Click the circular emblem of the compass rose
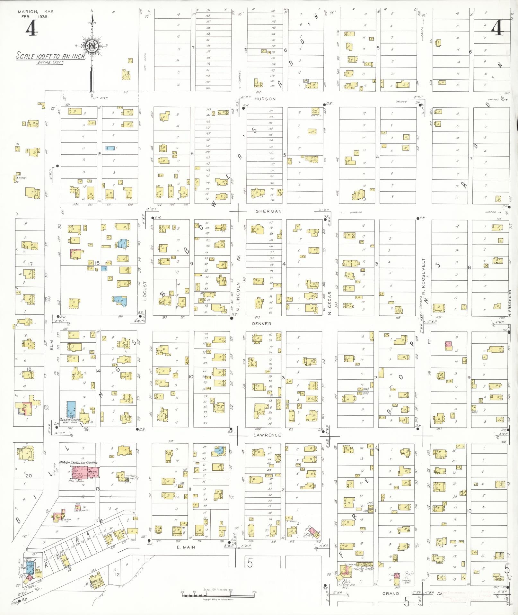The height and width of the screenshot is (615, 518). pos(92,46)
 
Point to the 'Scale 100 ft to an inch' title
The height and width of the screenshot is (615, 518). pos(50,56)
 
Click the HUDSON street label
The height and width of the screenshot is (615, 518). pos(265,99)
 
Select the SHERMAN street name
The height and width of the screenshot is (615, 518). pos(269,211)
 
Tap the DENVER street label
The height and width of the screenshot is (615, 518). pos(262,324)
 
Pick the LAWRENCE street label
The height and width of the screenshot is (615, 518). pos(267,435)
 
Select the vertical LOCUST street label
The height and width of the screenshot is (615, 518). pos(145,291)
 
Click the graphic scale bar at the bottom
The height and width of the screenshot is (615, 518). pos(218,595)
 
